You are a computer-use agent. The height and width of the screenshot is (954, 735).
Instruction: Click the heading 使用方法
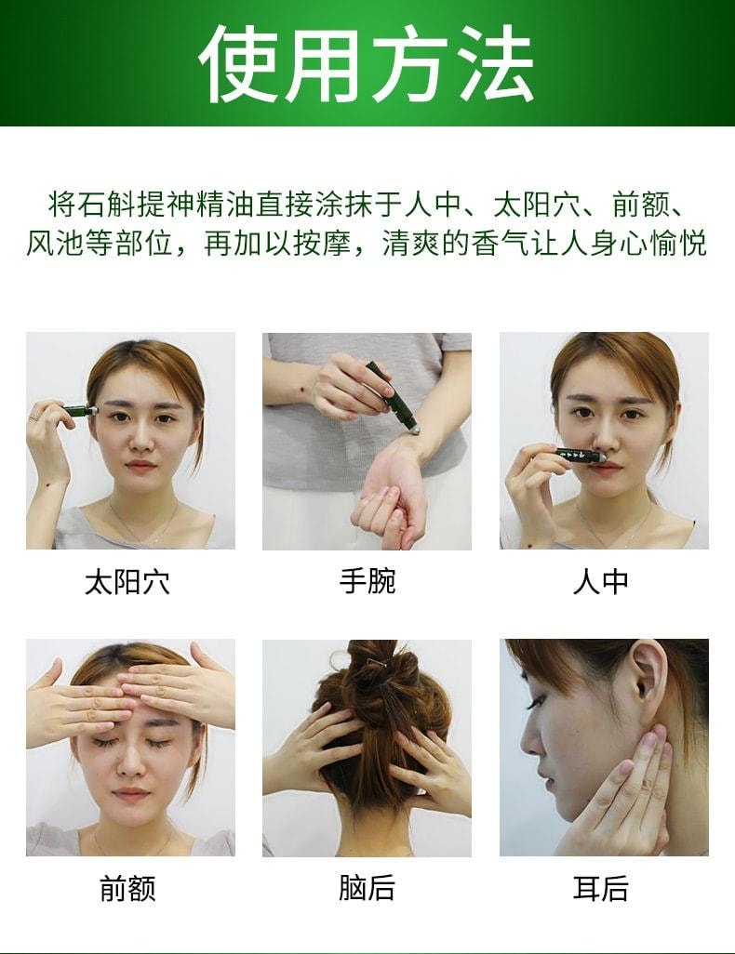point(367,62)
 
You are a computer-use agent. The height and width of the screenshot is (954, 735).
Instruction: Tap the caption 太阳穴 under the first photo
point(127,583)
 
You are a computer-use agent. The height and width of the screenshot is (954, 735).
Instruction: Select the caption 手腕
point(367,581)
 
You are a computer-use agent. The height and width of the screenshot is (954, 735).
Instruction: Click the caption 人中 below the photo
point(601,582)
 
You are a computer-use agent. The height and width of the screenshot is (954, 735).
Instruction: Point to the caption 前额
point(127,889)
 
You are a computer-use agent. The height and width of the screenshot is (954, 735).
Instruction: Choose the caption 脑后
point(367,888)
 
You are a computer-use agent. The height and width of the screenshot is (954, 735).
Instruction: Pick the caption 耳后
point(601,889)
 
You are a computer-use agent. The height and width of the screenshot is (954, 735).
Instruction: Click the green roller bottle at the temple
point(79,410)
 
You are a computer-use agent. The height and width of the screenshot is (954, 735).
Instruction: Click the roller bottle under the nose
point(582,455)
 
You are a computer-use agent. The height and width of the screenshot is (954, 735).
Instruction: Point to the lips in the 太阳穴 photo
point(140,466)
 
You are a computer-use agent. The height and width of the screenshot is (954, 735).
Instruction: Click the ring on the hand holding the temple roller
point(34,417)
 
